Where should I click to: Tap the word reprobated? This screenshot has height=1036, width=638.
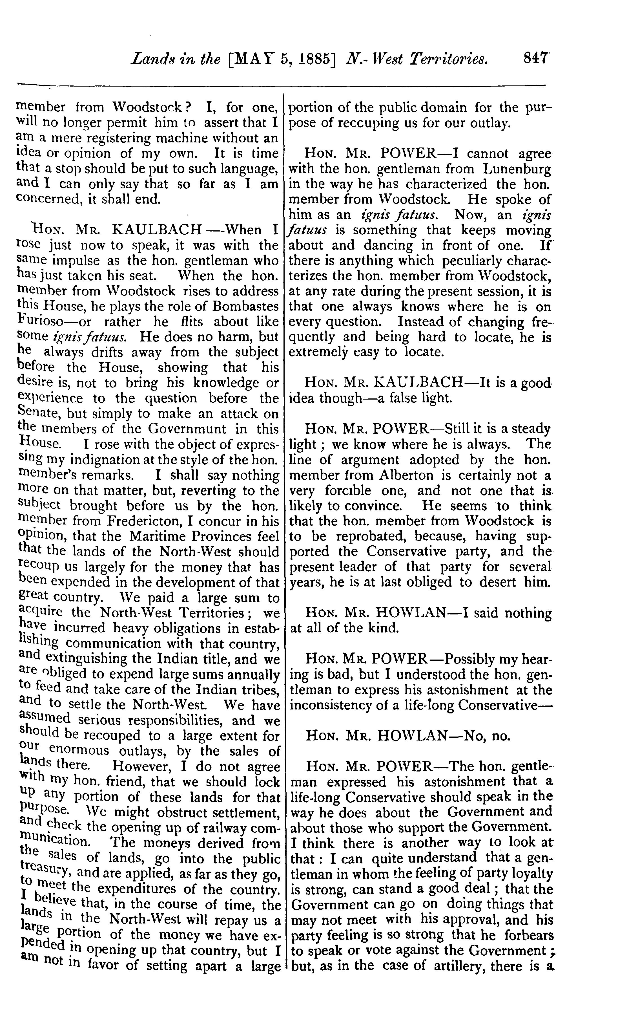[x=372, y=536]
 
